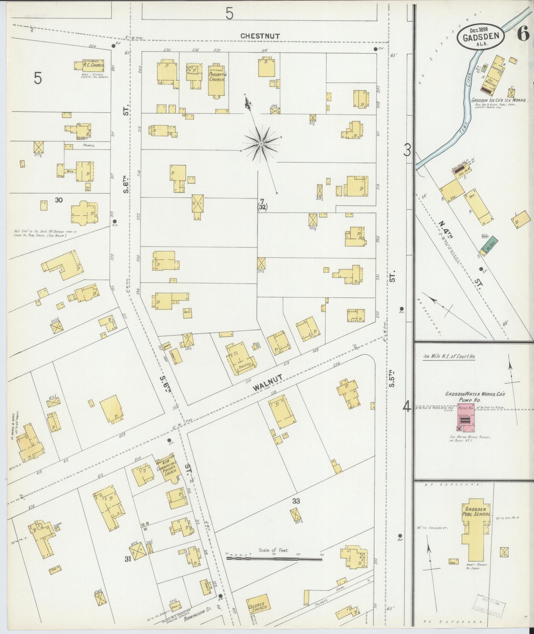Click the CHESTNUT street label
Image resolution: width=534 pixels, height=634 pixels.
[260, 36]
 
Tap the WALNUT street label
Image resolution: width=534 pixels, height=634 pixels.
[268, 382]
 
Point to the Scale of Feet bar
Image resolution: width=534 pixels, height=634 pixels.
[274, 559]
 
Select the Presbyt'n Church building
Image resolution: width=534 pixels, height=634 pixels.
[217, 80]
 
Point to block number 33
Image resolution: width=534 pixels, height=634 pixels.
[296, 501]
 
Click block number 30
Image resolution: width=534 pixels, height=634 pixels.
[58, 200]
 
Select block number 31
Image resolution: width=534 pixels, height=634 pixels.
[128, 559]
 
